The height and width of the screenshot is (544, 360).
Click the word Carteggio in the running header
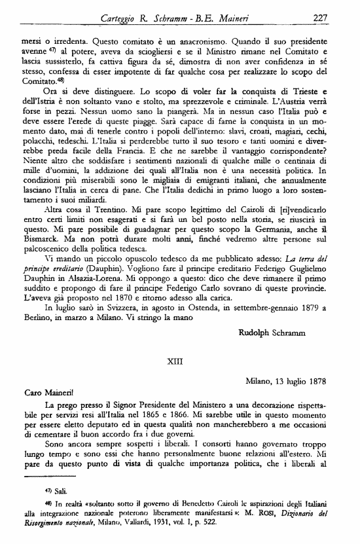tap(116, 18)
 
